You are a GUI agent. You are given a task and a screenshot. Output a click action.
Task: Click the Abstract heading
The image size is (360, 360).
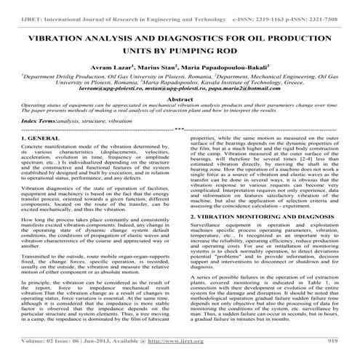[179, 98]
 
